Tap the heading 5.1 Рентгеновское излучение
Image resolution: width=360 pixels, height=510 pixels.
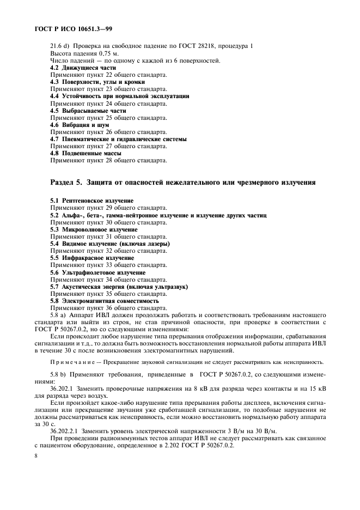[91, 201]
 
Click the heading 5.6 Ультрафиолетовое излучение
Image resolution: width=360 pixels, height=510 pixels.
[97, 272]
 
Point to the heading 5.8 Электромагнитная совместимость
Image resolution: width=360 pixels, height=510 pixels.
[105, 300]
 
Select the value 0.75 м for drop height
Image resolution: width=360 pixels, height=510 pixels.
[115, 53]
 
